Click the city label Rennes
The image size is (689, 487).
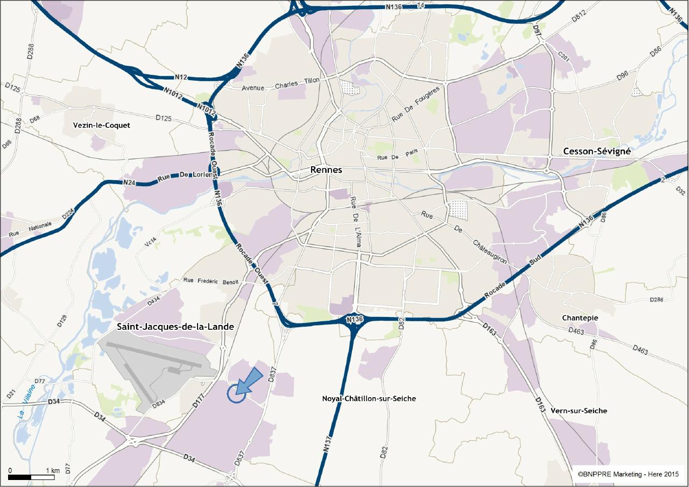tap(326, 170)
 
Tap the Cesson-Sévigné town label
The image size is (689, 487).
tap(596, 152)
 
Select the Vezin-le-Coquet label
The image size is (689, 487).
tap(101, 125)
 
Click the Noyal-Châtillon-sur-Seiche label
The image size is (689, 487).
tap(369, 399)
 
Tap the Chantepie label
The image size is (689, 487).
tap(580, 318)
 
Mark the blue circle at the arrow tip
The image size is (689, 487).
tap(236, 394)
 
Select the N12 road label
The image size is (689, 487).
tap(181, 77)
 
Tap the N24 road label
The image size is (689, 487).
tap(129, 183)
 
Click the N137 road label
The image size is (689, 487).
tap(329, 441)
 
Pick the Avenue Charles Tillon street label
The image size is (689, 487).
tap(280, 84)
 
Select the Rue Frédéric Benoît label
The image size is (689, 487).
tap(210, 281)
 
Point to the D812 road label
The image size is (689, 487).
tap(578, 17)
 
